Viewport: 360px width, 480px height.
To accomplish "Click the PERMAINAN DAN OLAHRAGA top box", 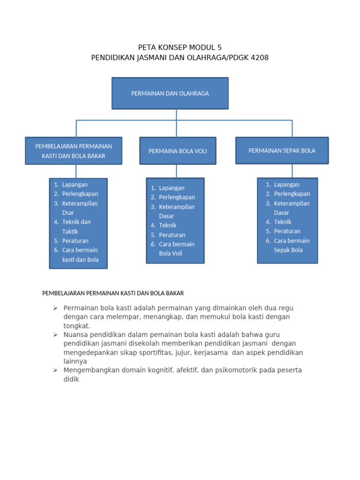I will [170, 93].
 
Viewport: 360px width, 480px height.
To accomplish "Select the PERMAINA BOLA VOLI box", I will [178, 151].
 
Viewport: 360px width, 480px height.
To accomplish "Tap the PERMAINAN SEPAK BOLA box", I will [282, 150].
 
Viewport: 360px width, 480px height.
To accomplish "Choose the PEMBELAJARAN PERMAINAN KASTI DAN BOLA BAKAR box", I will [74, 151].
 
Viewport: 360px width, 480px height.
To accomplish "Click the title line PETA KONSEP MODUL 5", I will [180, 47].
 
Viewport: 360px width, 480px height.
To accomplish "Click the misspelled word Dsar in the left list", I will [68, 212].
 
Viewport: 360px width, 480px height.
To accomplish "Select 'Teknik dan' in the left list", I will [76, 222].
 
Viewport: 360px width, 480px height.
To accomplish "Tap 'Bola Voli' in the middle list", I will [171, 254].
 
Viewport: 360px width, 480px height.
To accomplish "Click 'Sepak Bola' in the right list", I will [288, 250].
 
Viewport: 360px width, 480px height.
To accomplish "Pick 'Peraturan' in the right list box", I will [287, 231].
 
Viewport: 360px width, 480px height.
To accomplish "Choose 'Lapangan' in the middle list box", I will [172, 188].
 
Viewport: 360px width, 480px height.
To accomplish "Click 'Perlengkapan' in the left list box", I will [80, 194].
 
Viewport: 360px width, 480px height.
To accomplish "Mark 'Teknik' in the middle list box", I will [167, 225].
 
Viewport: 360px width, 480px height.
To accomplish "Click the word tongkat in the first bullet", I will [77, 326].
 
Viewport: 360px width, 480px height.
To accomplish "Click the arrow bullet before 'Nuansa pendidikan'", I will [55, 335].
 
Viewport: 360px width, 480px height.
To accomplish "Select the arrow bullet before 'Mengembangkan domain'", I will [55, 370].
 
